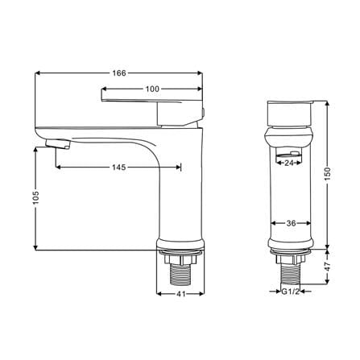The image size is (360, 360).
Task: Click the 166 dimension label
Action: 119,73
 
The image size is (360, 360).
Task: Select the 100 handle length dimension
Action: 152,89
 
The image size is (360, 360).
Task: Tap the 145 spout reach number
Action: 119,168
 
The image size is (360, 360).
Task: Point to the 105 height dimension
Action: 35,198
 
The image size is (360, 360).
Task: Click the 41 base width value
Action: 181,294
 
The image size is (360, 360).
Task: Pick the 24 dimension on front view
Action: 289,163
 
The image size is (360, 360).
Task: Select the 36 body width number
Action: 291,223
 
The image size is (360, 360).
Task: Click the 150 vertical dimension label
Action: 328,174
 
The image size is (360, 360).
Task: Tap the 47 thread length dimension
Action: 328,267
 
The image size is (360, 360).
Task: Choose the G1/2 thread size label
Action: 291,292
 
